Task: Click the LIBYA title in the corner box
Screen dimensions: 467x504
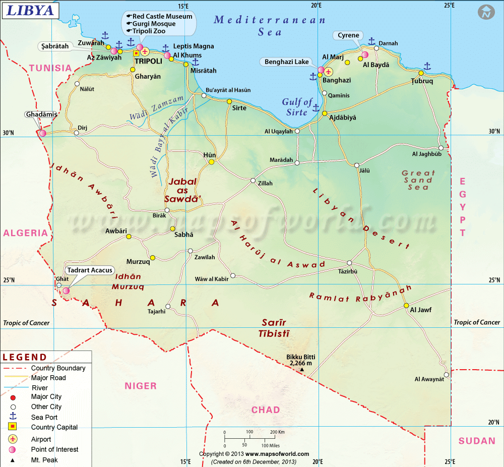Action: coord(30,10)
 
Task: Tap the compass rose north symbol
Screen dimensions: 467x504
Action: coord(486,13)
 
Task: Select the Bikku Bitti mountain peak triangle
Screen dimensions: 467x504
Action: coord(302,370)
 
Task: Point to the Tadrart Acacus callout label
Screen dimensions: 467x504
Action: coord(90,270)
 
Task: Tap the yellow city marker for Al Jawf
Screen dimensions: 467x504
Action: coord(406,306)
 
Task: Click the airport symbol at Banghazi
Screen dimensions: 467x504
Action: coord(329,72)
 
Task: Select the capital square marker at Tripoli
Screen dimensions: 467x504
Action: coord(136,53)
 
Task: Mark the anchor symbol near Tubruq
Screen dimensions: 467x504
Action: coord(427,66)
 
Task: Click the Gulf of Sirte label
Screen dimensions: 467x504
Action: coord(297,107)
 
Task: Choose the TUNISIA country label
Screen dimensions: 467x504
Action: coord(50,68)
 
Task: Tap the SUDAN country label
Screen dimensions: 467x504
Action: coord(477,441)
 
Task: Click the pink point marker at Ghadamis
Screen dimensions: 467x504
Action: coord(43,133)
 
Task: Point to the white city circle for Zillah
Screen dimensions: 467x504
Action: coord(253,181)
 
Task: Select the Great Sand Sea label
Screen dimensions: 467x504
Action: coord(418,180)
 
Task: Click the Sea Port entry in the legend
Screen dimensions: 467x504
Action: coord(44,417)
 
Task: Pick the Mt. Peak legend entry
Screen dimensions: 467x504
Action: coord(44,460)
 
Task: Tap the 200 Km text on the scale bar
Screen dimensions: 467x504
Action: coord(277,432)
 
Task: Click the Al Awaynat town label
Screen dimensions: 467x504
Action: coord(429,379)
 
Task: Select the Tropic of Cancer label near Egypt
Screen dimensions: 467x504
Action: coord(477,322)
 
